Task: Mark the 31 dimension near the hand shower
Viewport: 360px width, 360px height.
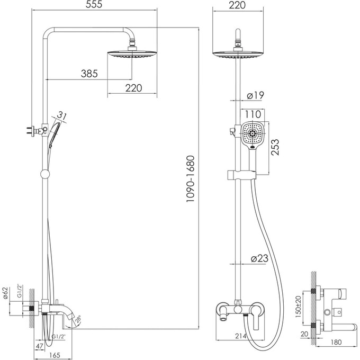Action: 62,115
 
